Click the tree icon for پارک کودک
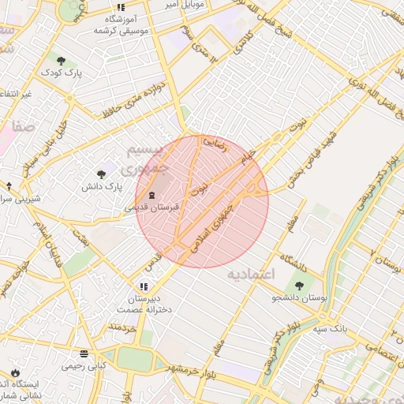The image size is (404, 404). tap(61, 60)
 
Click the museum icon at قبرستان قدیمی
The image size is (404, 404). tap(151, 195)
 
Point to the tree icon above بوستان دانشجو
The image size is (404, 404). tap(299, 285)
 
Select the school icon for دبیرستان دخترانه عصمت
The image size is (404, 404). tap(143, 286)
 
